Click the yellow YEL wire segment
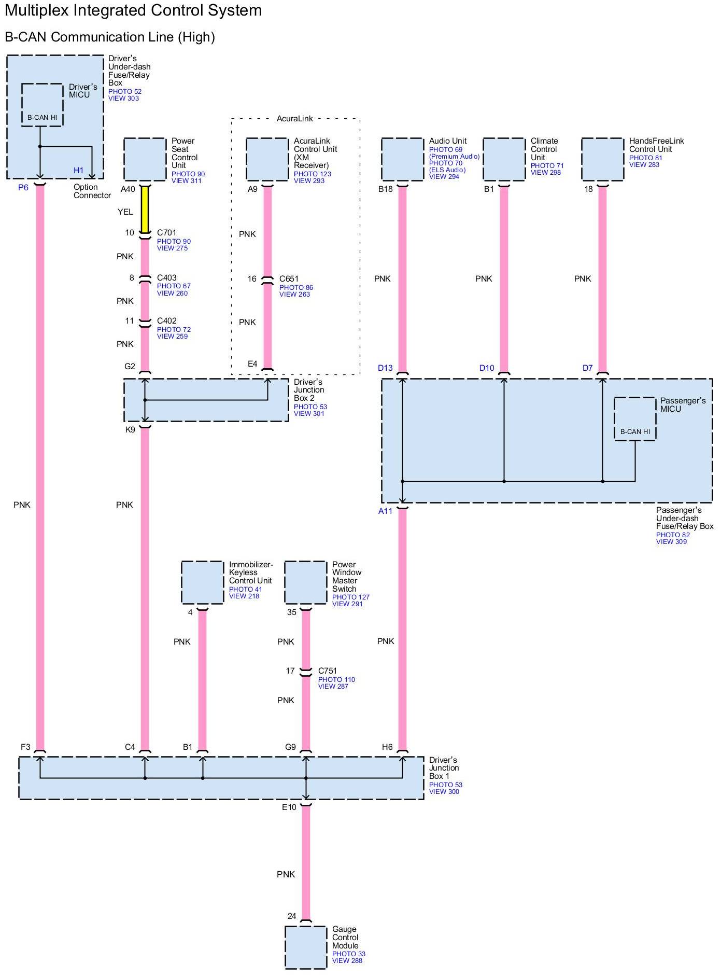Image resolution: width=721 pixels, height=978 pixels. point(145,210)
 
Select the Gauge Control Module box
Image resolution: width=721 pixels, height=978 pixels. point(306,947)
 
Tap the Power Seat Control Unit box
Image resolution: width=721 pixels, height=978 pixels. point(145,159)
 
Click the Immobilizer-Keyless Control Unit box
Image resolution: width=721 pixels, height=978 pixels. point(203,582)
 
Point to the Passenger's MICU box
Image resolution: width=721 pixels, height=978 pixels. point(635,419)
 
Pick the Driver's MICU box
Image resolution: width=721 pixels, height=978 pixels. point(42,105)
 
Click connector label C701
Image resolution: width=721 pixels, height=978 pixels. point(167,233)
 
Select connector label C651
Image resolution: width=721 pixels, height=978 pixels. point(289,279)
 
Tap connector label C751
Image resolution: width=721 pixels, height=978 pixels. point(328,671)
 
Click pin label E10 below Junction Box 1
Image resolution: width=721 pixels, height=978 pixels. point(289,807)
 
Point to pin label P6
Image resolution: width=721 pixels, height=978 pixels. point(23,188)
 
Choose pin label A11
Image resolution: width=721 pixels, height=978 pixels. point(386,511)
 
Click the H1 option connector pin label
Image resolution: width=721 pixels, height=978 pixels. point(78,170)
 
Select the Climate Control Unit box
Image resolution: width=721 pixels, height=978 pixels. point(504,159)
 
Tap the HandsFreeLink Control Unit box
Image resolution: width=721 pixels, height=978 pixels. point(602,159)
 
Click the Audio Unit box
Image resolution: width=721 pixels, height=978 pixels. point(402,159)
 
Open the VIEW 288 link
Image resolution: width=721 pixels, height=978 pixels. point(347,960)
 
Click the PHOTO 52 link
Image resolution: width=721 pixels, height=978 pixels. point(125,92)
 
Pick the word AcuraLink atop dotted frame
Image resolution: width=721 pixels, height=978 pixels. point(295,119)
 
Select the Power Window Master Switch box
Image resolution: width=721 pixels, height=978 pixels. point(306,582)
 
